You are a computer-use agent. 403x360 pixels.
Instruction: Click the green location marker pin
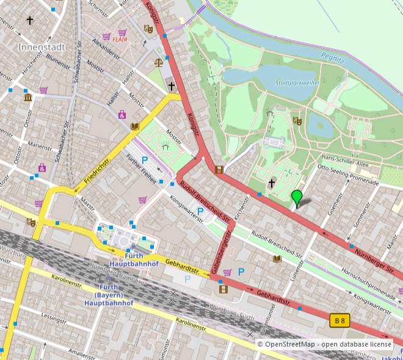pyautogui.click(x=297, y=198)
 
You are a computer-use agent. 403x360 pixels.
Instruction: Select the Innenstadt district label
pyautogui.click(x=40, y=46)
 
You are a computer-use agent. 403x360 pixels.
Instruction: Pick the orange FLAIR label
pyautogui.click(x=128, y=40)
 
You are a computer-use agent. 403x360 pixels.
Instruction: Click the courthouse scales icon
pyautogui.click(x=159, y=62)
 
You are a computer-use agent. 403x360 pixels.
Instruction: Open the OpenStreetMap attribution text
pyautogui.click(x=324, y=345)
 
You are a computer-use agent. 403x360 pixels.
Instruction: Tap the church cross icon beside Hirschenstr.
pyautogui.click(x=30, y=20)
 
